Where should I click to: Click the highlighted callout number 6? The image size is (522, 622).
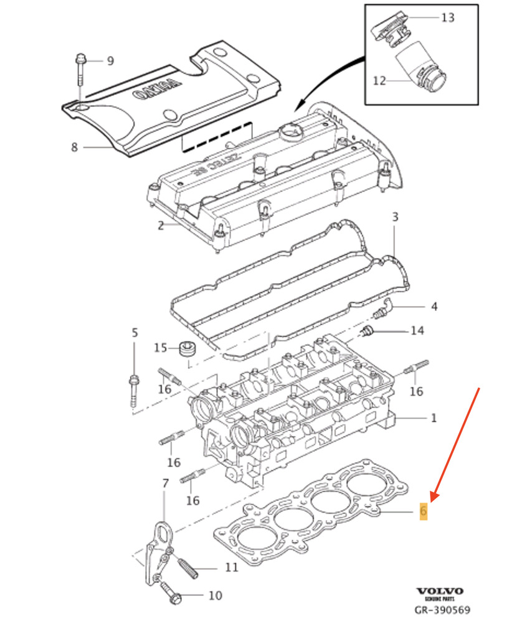pos(424,511)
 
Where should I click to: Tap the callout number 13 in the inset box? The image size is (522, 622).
pos(448,17)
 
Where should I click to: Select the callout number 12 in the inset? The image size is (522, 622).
pos(380,80)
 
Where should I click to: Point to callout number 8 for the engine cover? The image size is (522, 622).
pos(74,147)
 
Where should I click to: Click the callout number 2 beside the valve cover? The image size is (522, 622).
pos(160,225)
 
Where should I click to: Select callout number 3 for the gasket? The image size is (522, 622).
pos(394,216)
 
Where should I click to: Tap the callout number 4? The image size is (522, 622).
pos(434,307)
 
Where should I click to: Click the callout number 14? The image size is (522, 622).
pos(417,330)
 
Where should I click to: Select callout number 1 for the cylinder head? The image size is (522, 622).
pos(434,417)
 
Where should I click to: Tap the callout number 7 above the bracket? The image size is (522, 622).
pos(165,483)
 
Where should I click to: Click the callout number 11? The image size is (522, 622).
pos(231,568)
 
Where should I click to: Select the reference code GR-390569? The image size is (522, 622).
pos(442,610)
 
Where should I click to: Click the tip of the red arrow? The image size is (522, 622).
pos(431,500)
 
